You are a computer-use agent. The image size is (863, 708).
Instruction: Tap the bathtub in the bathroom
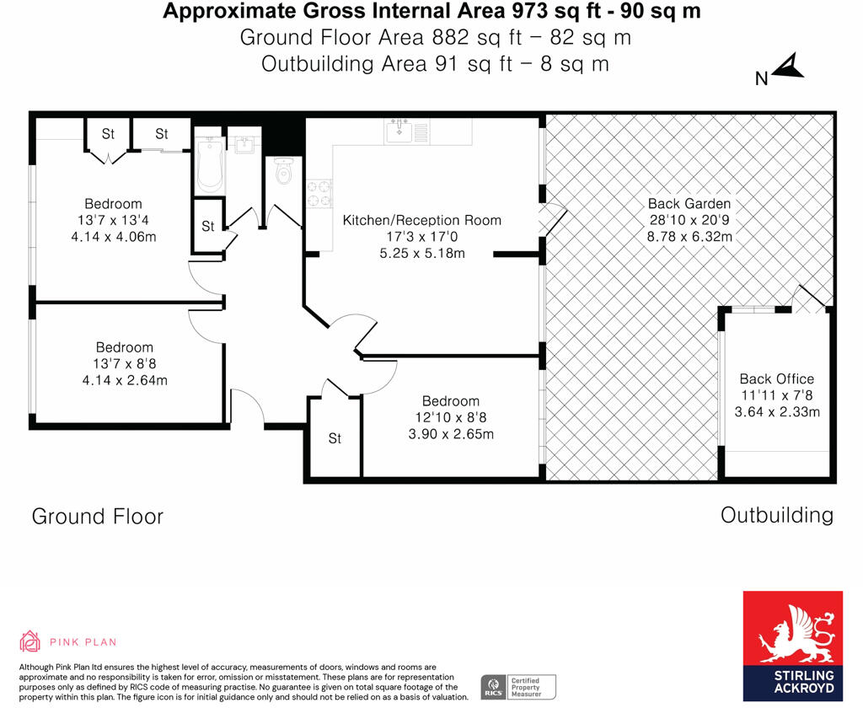pos(209,166)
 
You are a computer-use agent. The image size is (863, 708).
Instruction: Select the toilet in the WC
pos(283,171)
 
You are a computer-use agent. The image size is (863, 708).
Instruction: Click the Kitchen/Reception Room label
pos(421,220)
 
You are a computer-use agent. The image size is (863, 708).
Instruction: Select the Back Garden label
pos(689,203)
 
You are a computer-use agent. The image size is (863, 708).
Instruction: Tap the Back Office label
pos(776,378)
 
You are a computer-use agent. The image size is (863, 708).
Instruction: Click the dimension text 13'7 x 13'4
pos(113,221)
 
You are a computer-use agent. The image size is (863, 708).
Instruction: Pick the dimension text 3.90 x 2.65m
pos(451,434)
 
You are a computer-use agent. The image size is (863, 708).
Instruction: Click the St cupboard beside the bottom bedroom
pos(335,438)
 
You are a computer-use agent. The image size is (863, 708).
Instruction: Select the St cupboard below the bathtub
pos(208,226)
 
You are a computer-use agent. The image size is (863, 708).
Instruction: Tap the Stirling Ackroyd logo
pos(791,646)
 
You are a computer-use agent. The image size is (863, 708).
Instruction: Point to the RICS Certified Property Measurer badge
pos(518,686)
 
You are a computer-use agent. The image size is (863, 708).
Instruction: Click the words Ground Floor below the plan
pos(98,516)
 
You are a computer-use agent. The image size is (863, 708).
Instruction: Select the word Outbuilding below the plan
pos(776,514)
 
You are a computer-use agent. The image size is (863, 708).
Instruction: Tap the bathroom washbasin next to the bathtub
pos(244,146)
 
